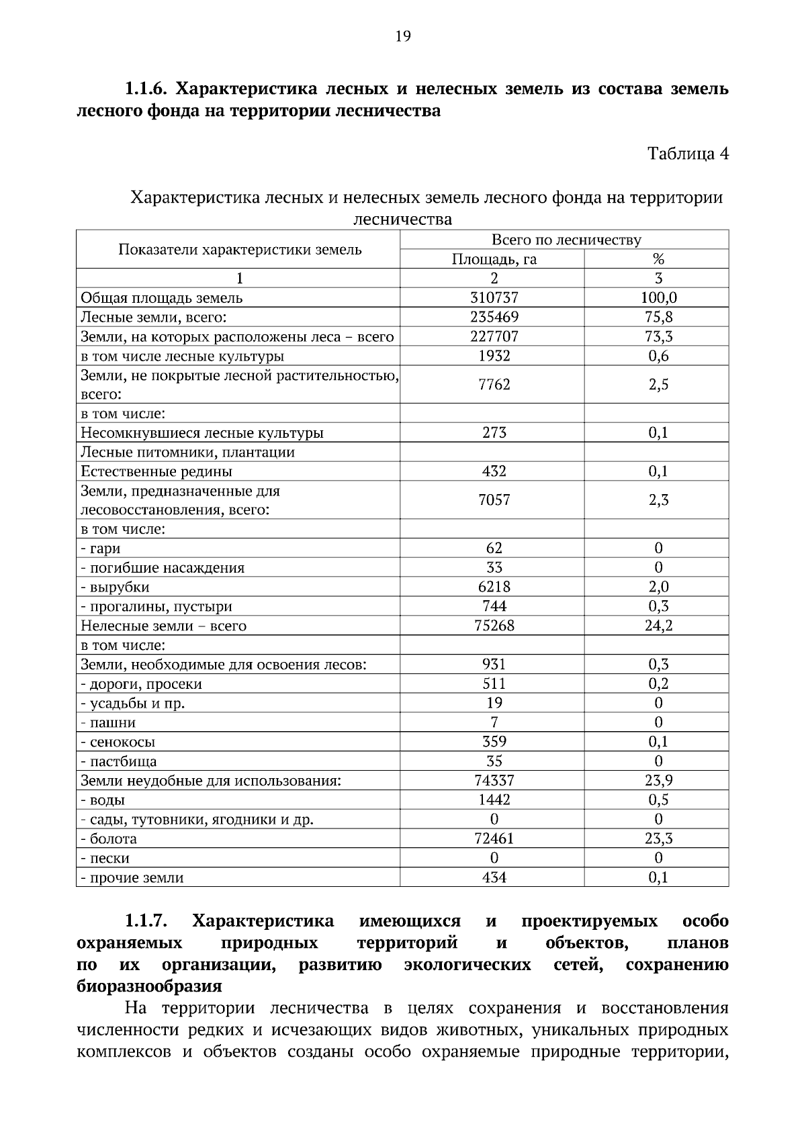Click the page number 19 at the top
pos(403,36)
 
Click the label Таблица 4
pos(687,154)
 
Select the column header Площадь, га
pos(494,259)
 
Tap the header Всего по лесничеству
pos(566,240)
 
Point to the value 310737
pos(494,297)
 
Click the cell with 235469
pos(494,317)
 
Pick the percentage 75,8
pos(658,317)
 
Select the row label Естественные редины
pos(156,471)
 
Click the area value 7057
pos(494,500)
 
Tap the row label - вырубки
pos(116,587)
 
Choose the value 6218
pos(494,587)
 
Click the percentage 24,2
pos(658,626)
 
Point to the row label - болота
pos(109,839)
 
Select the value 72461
pos(494,839)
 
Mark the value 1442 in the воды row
pos(494,800)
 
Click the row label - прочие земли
pos(132,878)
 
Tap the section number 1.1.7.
pos(146,921)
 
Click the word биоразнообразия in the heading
pos(149,987)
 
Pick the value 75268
pos(494,626)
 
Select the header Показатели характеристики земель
pos(240,250)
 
